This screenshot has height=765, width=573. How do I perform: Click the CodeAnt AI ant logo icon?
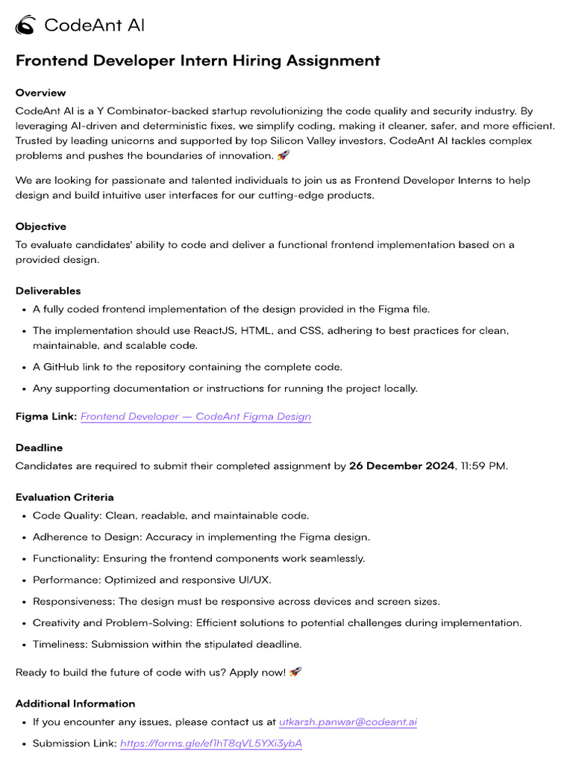pyautogui.click(x=25, y=25)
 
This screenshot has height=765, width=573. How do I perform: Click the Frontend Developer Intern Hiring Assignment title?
pyautogui.click(x=198, y=61)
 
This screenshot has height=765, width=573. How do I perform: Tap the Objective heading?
pyautogui.click(x=41, y=226)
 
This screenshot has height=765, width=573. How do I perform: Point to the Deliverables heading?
pyautogui.click(x=48, y=291)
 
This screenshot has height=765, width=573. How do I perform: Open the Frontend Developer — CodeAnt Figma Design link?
pyautogui.click(x=195, y=416)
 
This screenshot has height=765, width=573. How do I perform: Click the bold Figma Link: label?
pyautogui.click(x=46, y=416)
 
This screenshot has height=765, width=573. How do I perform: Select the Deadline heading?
pyautogui.click(x=39, y=447)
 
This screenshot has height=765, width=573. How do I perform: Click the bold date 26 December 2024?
pyautogui.click(x=401, y=465)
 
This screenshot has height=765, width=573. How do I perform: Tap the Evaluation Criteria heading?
pyautogui.click(x=65, y=497)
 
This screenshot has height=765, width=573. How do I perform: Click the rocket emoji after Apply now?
pyautogui.click(x=295, y=672)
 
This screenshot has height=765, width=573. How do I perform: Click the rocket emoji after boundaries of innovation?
pyautogui.click(x=283, y=155)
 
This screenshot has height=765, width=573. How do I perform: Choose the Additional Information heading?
pyautogui.click(x=75, y=703)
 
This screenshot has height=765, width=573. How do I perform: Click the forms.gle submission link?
pyautogui.click(x=211, y=743)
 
